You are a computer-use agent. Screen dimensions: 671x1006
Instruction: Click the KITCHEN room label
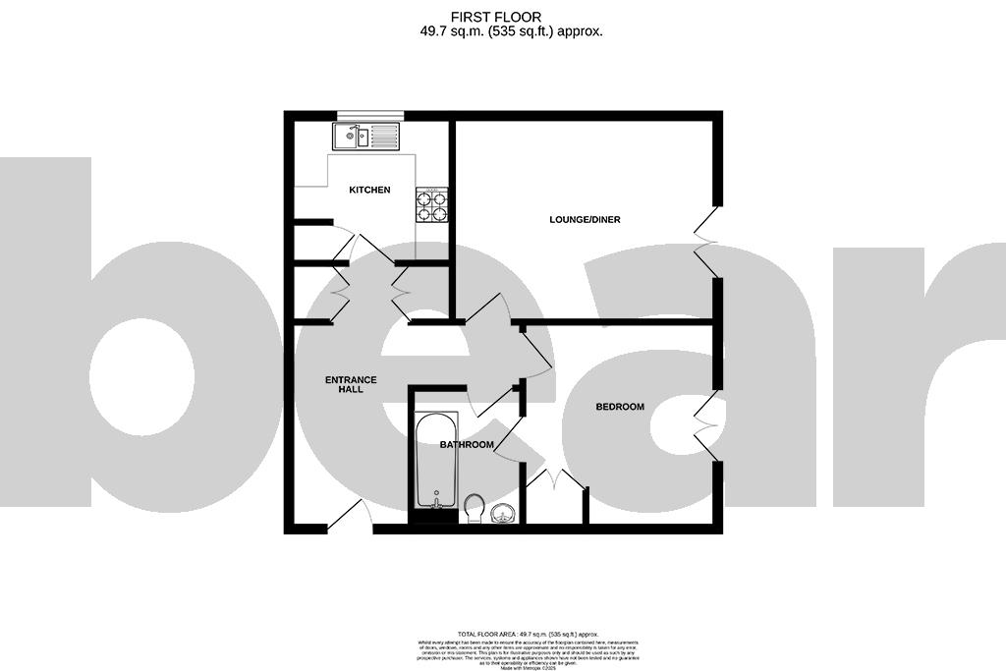pos(369,190)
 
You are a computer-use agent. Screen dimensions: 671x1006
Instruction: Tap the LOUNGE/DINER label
pos(585,219)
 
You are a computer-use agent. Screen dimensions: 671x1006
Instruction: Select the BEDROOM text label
pos(620,407)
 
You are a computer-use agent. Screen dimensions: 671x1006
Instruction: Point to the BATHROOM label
pos(467,445)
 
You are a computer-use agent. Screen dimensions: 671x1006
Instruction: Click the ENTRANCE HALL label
pos(351,384)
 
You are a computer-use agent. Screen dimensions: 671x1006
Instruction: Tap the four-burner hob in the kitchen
pos(433,204)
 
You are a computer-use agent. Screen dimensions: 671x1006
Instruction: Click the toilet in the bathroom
pos(475,508)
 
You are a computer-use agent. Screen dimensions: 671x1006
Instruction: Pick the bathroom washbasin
pos(504,513)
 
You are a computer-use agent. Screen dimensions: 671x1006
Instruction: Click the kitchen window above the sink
pos(369,115)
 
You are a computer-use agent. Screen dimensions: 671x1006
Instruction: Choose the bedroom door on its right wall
pos(706,423)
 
